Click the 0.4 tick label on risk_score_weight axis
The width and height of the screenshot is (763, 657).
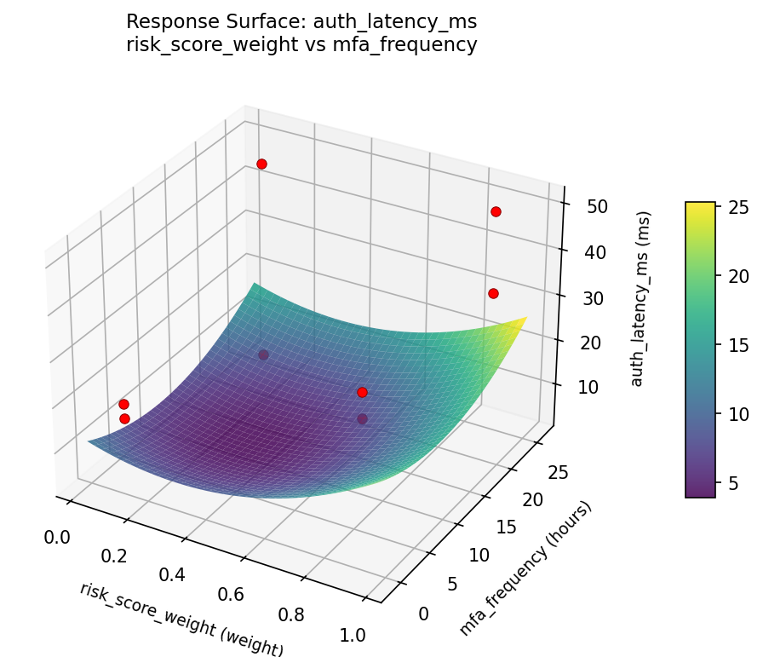[x=173, y=574]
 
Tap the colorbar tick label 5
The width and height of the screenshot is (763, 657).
[x=732, y=482]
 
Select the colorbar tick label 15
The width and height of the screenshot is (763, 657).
[x=737, y=344]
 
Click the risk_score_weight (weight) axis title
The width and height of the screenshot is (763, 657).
[x=181, y=620]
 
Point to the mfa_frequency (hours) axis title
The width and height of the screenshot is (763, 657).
[x=525, y=569]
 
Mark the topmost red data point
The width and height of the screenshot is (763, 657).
[x=261, y=164]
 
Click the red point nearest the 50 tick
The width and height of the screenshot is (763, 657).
[x=496, y=211]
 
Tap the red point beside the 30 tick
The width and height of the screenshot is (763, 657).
[x=493, y=293]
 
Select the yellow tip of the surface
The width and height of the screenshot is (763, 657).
[x=521, y=321]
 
